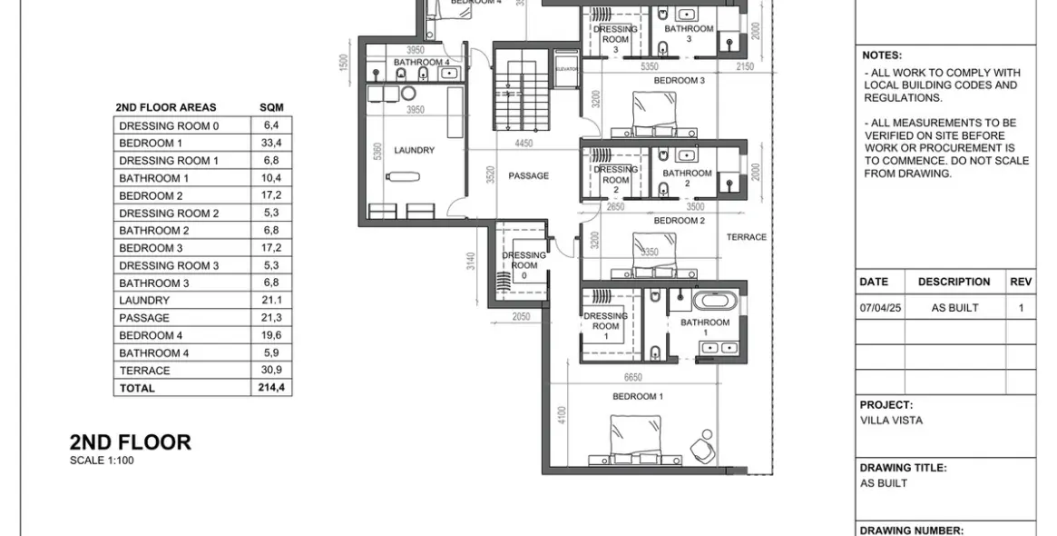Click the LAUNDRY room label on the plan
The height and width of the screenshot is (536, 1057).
[x=414, y=151]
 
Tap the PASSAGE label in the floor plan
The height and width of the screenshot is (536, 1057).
[x=528, y=176]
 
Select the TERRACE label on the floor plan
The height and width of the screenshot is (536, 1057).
[x=746, y=237]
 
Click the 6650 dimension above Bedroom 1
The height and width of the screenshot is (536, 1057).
[x=632, y=377]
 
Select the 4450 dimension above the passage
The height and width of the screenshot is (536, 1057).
[x=524, y=144]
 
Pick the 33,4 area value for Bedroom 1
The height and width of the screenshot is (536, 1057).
[x=271, y=144]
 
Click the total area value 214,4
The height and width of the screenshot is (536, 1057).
[x=271, y=388]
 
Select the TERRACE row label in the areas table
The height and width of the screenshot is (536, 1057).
[x=144, y=371]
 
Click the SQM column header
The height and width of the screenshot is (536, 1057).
[x=271, y=107]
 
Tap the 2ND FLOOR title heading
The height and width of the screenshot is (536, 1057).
[x=131, y=442]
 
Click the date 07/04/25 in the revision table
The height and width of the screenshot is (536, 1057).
[x=880, y=308]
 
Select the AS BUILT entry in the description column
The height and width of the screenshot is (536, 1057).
[x=954, y=308]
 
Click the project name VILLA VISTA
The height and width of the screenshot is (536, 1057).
[x=891, y=421]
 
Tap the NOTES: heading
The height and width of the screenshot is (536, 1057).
[x=881, y=55]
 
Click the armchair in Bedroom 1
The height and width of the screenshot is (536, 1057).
[x=701, y=447]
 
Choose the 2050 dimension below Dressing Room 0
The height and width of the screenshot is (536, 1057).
[x=521, y=316]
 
